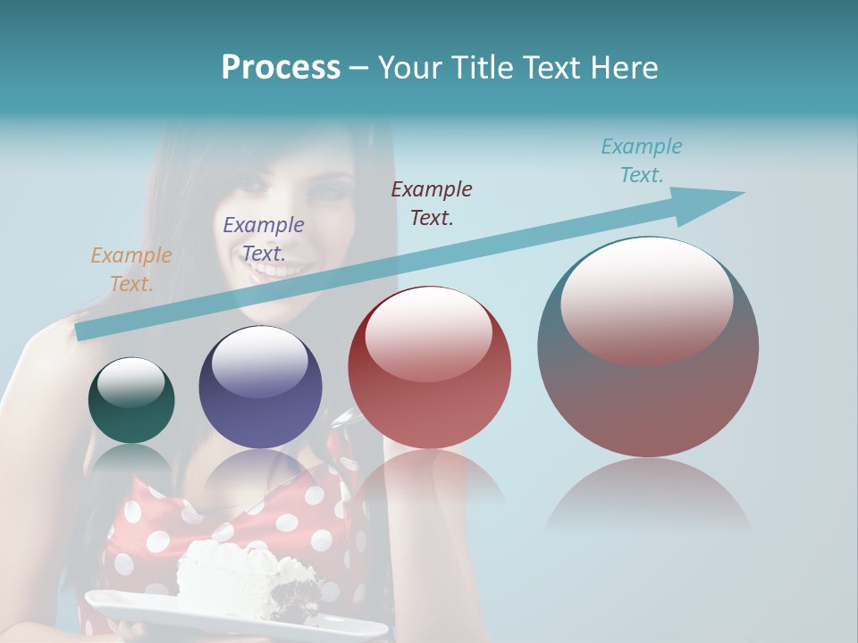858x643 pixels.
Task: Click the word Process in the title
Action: [x=281, y=68]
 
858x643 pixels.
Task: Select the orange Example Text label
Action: [x=131, y=270]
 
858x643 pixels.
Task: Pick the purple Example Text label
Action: [x=264, y=239]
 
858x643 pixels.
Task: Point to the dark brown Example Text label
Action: [x=432, y=203]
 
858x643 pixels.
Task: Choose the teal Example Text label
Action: [x=642, y=161]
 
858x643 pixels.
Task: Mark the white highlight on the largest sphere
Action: [x=647, y=299]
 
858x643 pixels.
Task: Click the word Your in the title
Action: [x=412, y=68]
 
